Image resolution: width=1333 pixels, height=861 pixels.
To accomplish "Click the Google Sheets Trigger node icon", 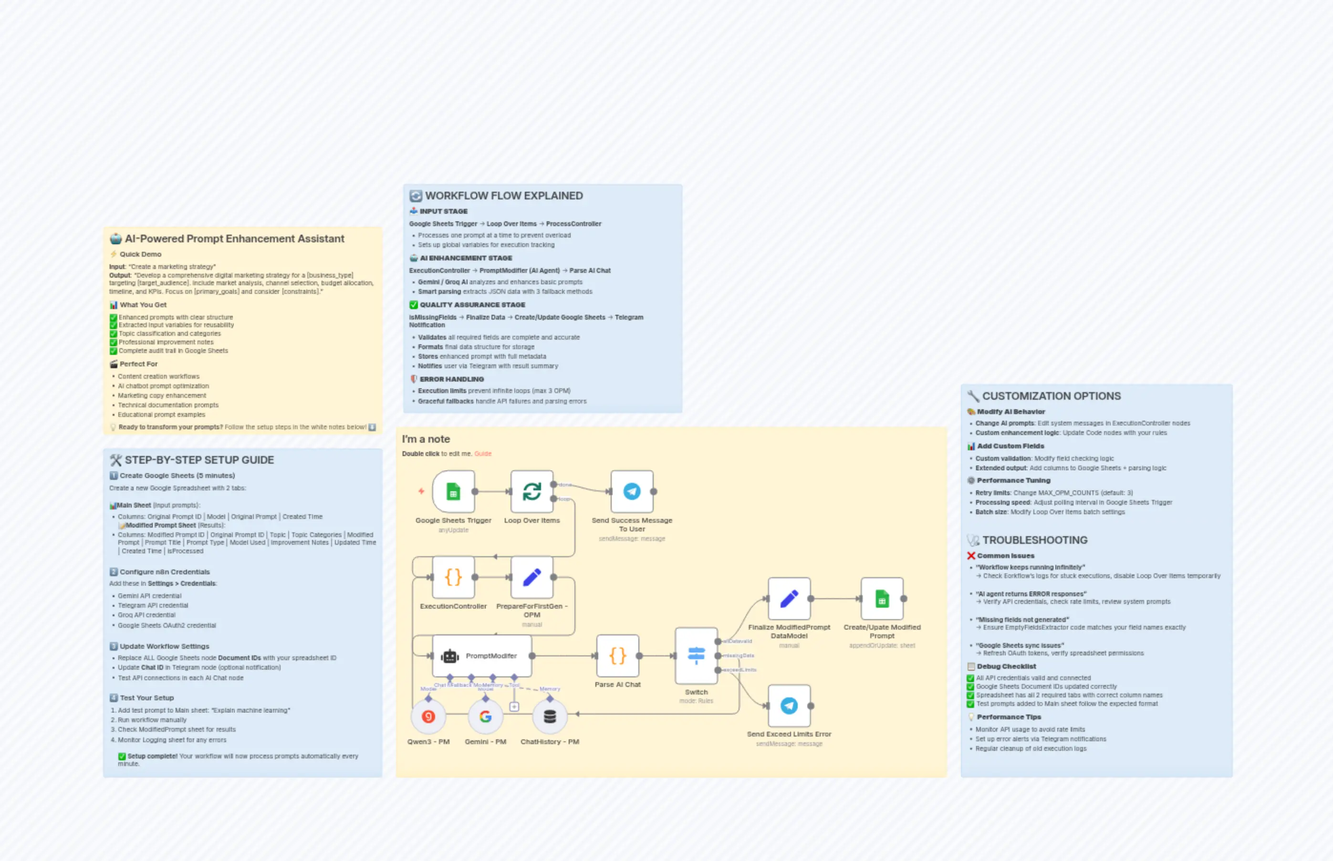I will click(x=453, y=491).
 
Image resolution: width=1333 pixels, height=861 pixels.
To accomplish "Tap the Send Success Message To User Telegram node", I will click(x=632, y=491).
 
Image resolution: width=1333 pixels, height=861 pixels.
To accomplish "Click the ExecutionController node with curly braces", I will click(x=453, y=577).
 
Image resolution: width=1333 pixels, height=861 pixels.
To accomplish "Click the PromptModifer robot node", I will click(x=482, y=656).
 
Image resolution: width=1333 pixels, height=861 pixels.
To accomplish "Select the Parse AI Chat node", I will click(x=617, y=656).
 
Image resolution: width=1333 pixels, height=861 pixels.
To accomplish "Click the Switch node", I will click(x=696, y=656).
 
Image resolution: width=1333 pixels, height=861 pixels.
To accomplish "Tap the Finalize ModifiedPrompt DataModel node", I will click(x=789, y=599).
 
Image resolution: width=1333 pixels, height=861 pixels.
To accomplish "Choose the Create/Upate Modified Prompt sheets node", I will click(x=882, y=599).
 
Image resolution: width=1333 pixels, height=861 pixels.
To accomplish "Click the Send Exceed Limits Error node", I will click(x=789, y=705).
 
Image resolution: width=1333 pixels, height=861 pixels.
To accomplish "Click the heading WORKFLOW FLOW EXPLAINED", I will click(x=504, y=196).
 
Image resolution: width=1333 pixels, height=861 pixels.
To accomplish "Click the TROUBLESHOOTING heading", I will click(x=1034, y=540).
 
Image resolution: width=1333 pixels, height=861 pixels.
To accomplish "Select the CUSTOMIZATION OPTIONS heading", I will click(x=1051, y=396).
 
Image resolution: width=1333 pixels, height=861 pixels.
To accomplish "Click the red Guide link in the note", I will click(x=482, y=454).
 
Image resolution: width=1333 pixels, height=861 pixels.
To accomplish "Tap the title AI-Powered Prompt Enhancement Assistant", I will click(x=234, y=239).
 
